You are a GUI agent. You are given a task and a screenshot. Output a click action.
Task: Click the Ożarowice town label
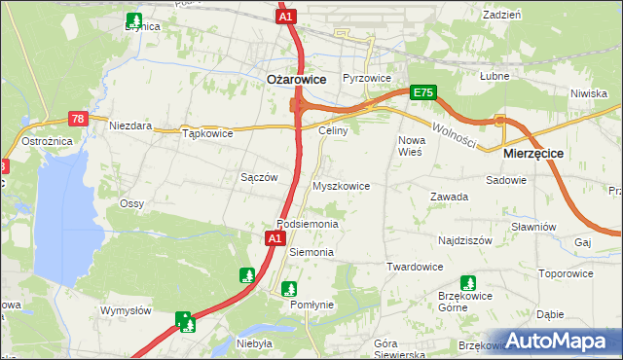point(296,80)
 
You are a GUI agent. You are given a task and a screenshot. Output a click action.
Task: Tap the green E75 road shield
point(422,92)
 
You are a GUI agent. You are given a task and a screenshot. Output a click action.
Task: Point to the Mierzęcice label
point(532,154)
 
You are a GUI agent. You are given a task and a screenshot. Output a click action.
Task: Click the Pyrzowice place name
point(367,78)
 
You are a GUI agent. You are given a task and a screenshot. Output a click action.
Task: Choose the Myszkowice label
point(340,185)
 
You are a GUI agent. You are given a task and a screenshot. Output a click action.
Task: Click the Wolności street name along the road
point(454,134)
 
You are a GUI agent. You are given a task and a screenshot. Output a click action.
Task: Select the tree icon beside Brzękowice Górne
point(468,283)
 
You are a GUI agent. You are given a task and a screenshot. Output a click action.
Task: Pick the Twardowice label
point(415,267)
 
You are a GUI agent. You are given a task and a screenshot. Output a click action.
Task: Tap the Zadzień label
point(501,15)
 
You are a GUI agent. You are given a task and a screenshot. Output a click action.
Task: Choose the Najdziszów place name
point(465,239)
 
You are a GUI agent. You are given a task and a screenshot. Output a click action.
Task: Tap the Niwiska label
point(589,93)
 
